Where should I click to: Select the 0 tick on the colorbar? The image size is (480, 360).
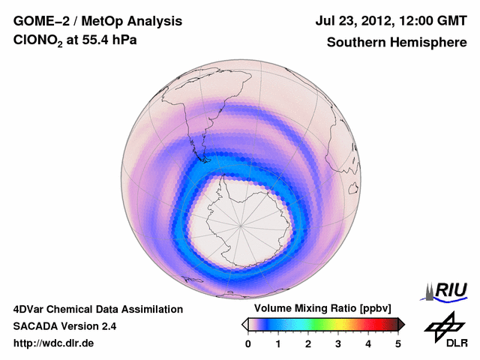click(248, 343)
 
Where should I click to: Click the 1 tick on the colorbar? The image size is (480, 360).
click(278, 343)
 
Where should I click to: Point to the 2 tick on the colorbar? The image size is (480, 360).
click(308, 343)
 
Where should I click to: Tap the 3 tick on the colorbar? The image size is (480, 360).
click(338, 343)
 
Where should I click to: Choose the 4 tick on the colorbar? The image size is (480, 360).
click(368, 343)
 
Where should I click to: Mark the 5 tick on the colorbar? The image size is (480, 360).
click(398, 343)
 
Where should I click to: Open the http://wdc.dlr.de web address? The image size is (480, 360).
click(54, 343)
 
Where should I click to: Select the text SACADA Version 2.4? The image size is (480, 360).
click(64, 326)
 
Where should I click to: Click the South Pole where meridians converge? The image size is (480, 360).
click(241, 224)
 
